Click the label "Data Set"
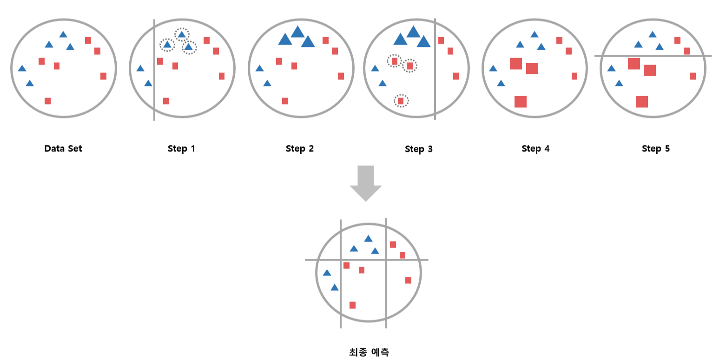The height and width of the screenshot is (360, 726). (63, 149)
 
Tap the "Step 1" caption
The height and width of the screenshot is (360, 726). (182, 149)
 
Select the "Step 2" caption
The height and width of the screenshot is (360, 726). (300, 149)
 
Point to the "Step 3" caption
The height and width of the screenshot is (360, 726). (418, 150)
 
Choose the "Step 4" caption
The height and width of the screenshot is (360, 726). (535, 149)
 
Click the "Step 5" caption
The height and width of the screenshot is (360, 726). (655, 149)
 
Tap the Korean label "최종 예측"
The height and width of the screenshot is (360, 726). (369, 352)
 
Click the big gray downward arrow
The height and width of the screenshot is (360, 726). (366, 183)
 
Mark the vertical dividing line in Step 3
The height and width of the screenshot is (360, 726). (435, 93)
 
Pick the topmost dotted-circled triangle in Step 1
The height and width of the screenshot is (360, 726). (182, 34)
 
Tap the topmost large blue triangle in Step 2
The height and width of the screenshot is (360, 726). (297, 32)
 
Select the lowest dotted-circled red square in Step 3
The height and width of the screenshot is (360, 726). (401, 101)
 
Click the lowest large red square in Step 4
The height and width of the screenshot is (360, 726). (521, 101)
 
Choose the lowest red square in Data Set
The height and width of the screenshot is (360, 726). (47, 101)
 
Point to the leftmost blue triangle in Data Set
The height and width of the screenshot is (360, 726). (22, 68)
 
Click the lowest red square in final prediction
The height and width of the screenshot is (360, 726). (352, 305)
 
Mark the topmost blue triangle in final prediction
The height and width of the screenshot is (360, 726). (368, 238)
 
